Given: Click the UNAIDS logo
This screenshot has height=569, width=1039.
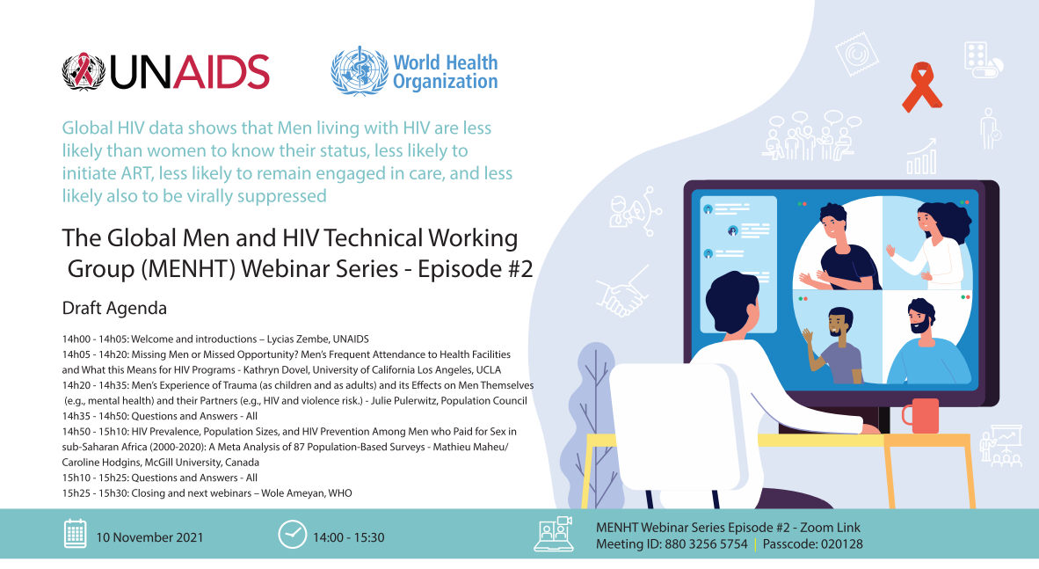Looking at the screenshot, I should pyautogui.click(x=165, y=71).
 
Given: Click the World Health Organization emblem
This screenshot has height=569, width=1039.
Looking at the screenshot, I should pyautogui.click(x=359, y=72).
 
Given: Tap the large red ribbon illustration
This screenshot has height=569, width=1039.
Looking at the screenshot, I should pyautogui.click(x=922, y=86).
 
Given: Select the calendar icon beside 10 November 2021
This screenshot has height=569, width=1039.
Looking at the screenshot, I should pyautogui.click(x=75, y=534).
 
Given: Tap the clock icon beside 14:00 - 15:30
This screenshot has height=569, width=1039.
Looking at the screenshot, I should pyautogui.click(x=292, y=534).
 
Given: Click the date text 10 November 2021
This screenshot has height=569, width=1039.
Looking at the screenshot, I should pyautogui.click(x=149, y=537).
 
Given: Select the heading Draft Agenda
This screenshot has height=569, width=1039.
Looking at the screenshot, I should pyautogui.click(x=114, y=309).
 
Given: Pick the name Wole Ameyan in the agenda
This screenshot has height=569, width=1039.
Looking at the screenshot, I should pyautogui.click(x=294, y=493).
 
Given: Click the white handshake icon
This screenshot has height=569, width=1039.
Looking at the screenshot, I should pyautogui.click(x=620, y=297).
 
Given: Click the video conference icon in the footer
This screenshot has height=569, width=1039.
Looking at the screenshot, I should pyautogui.click(x=553, y=534).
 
